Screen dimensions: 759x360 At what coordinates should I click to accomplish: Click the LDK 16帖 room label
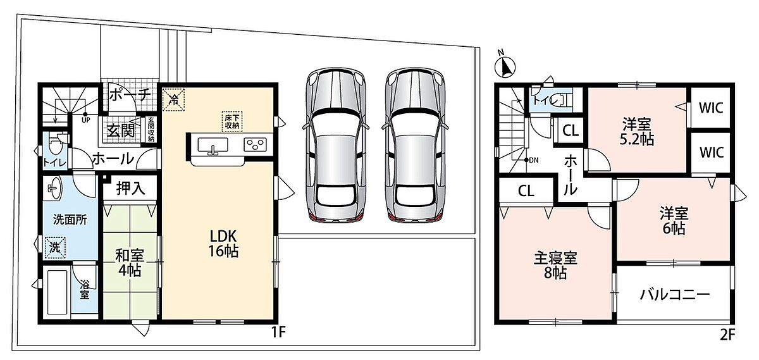[223, 244]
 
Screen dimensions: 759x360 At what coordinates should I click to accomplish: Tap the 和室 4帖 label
[130, 263]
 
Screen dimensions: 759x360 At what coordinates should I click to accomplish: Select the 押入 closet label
[130, 189]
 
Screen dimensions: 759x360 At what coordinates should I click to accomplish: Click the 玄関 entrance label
[121, 130]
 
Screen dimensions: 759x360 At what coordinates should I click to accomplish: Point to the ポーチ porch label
[130, 95]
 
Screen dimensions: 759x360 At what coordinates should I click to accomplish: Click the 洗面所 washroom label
[70, 220]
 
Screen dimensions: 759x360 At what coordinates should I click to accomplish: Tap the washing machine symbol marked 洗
[55, 247]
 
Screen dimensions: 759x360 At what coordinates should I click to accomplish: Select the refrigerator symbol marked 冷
[173, 100]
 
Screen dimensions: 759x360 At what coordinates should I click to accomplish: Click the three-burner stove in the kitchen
[255, 145]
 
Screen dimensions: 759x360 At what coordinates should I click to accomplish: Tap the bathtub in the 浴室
[58, 292]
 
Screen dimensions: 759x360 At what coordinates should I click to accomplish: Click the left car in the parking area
[336, 146]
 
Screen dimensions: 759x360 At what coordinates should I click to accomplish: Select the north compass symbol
[505, 66]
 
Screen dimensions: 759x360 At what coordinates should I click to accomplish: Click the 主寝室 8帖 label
[555, 266]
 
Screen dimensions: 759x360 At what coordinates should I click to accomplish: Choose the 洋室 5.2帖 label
[637, 132]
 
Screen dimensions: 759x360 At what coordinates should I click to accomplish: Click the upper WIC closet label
[711, 108]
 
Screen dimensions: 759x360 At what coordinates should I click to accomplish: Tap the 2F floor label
[727, 335]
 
